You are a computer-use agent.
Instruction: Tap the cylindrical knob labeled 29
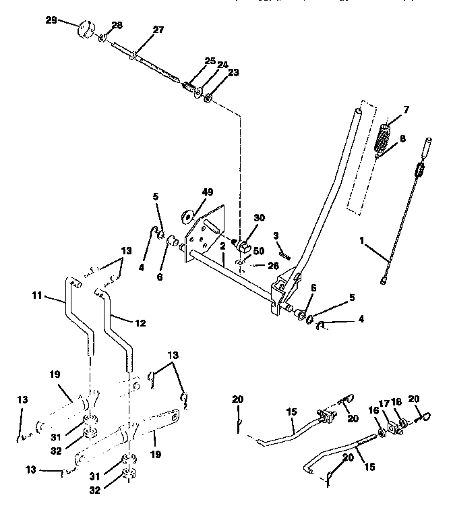tap(86, 32)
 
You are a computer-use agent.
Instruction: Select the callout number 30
tap(260, 218)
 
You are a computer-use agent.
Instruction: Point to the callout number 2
tap(221, 246)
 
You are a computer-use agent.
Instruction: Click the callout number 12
tap(139, 323)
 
